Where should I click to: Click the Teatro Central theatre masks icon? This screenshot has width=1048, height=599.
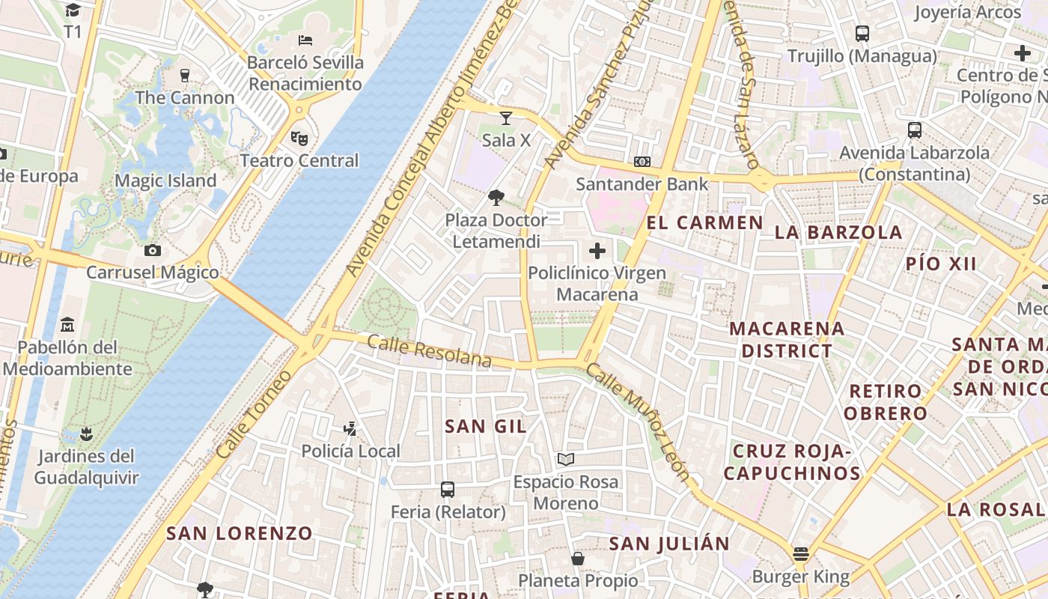tap(299, 138)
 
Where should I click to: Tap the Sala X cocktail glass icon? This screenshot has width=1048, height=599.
tap(506, 118)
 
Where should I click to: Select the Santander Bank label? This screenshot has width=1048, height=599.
tap(642, 183)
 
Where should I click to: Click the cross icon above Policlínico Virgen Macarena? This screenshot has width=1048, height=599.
tap(597, 251)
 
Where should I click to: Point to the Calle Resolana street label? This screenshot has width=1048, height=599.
tap(429, 352)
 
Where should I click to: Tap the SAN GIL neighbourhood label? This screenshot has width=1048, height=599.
tap(486, 427)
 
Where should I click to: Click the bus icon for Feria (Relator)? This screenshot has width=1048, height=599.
tap(448, 490)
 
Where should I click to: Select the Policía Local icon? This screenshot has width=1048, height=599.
tap(350, 429)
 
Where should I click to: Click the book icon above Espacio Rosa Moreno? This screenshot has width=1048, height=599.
tap(566, 459)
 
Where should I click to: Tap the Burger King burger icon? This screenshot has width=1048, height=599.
tap(801, 555)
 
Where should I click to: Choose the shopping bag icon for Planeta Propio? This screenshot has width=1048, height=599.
tap(578, 559)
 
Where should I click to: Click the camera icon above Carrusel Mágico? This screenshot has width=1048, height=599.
tap(153, 250)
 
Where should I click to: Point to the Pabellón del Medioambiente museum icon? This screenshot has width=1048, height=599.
tap(68, 325)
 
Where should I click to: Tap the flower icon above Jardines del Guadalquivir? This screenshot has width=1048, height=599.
tap(87, 434)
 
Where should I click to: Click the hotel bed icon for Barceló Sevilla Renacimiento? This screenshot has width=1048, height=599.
tap(305, 40)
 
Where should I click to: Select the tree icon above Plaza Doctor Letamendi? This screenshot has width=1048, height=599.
tap(496, 198)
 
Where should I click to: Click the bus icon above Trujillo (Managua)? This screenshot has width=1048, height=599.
tap(862, 34)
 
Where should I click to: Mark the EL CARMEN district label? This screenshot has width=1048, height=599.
tap(704, 222)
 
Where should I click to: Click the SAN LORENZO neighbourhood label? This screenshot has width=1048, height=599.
tap(240, 533)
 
